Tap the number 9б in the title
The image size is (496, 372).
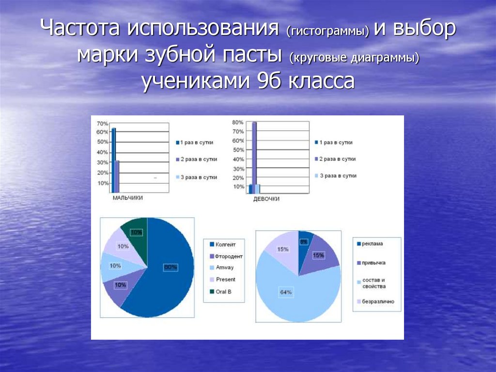(x=262, y=81)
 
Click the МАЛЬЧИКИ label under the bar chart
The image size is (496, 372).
(x=127, y=198)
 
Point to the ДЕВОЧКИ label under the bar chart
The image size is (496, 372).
(x=266, y=199)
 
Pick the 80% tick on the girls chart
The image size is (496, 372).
(x=238, y=122)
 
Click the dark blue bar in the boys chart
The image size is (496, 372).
(x=113, y=160)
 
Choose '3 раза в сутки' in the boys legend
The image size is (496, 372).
(x=196, y=178)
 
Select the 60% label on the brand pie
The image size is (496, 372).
(x=170, y=267)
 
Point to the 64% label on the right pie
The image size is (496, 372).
(x=286, y=291)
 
